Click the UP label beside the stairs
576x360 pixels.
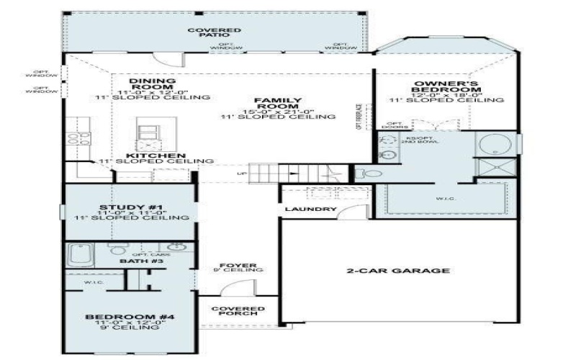pos(243,174)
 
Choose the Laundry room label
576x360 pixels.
pos(310,210)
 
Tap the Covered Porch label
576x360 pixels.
pos(238,312)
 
